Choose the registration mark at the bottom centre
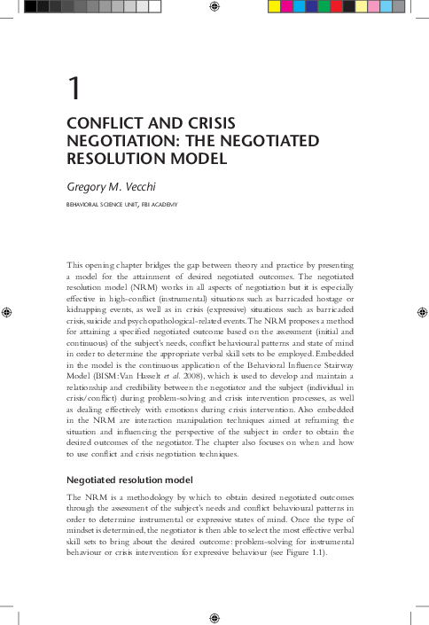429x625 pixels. (x=214, y=615)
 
